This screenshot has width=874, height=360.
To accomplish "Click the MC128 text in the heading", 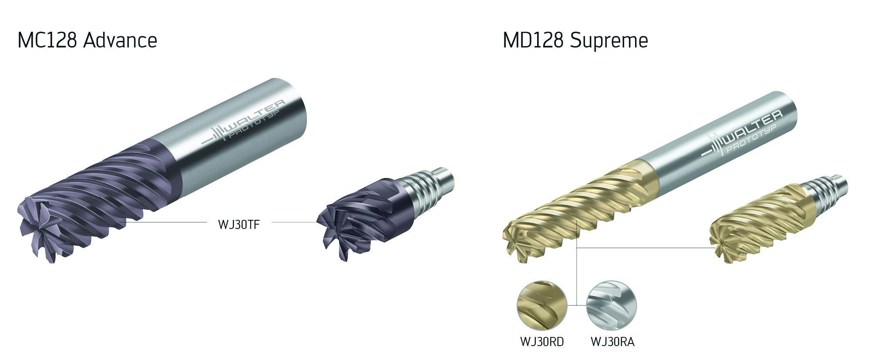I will [47, 40].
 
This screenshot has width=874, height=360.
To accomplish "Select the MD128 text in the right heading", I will [533, 40].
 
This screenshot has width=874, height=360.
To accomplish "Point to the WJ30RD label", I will [542, 342].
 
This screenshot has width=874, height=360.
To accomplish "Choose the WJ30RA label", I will [612, 342].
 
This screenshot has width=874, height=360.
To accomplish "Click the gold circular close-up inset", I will [542, 305].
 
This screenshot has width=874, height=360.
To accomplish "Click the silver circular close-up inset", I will [611, 305].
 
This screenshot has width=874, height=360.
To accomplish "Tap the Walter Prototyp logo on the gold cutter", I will [740, 135].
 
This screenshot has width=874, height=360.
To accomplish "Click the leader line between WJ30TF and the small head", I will [294, 222].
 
